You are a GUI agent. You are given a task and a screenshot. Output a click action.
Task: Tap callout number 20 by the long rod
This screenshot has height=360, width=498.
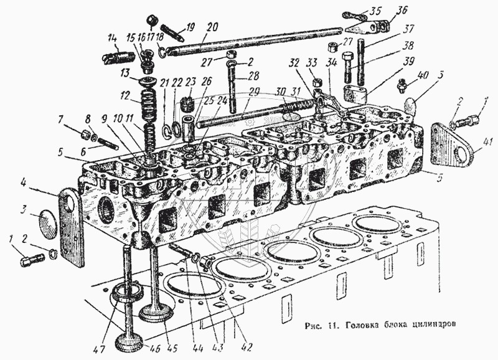tap(213, 28)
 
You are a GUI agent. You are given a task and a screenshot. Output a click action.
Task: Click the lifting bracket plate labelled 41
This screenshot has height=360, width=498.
tap(453, 144)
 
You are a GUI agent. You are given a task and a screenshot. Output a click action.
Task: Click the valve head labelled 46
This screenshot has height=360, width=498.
tap(131, 342)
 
